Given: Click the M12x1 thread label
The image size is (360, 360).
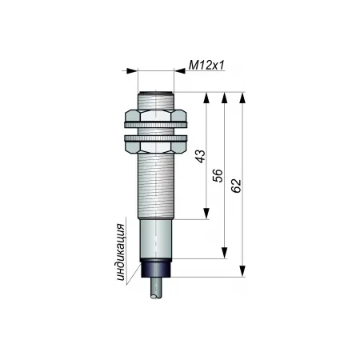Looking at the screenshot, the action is tap(206, 65).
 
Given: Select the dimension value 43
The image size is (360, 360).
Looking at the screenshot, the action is tap(201, 156).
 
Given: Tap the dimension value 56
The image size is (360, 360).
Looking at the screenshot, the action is tap(218, 175).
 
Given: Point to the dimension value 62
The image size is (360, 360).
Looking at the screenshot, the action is tap(236, 186).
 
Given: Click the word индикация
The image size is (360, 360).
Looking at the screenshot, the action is tap(121, 253).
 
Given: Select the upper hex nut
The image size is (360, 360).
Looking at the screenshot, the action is tap(156, 115).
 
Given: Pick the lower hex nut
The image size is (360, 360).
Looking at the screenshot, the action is tap(156, 147).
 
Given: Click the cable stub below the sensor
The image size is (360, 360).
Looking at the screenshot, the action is tap(156, 287).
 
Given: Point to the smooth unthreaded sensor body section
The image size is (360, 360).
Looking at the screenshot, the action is tap(156, 238).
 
